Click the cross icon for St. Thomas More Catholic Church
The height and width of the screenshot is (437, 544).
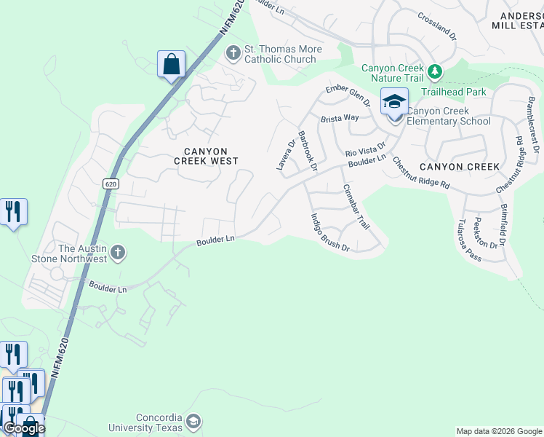coord(233,52)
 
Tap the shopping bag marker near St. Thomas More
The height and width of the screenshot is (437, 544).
coord(171,65)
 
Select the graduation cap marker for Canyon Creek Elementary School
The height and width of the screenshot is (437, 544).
coord(394,102)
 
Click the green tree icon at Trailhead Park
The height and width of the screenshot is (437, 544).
coord(435,71)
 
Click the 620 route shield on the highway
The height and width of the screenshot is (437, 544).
coord(111,184)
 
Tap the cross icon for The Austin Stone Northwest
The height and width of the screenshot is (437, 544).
coord(119,253)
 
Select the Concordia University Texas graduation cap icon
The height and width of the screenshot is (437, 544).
coord(193,421)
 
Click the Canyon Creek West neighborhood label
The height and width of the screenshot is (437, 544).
coord(205,154)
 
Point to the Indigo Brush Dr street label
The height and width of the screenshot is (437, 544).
coord(330,232)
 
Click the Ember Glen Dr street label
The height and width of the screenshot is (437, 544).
coord(348,96)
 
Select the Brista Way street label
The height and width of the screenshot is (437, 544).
coord(341,117)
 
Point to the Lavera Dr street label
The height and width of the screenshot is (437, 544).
coord(284,154)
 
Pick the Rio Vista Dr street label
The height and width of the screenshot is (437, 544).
coord(365,150)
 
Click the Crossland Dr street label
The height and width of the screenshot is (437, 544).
coord(437,25)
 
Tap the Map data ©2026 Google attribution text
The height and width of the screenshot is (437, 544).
coord(499,431)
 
